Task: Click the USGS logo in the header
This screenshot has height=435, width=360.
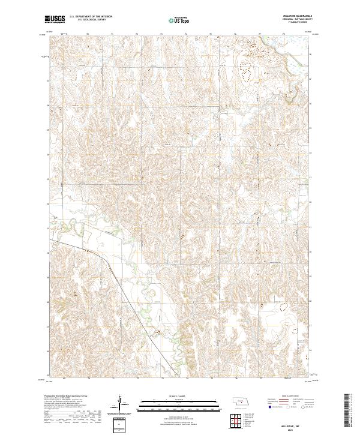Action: click(x=56, y=19)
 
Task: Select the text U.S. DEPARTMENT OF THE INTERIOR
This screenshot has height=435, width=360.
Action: click(x=91, y=17)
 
